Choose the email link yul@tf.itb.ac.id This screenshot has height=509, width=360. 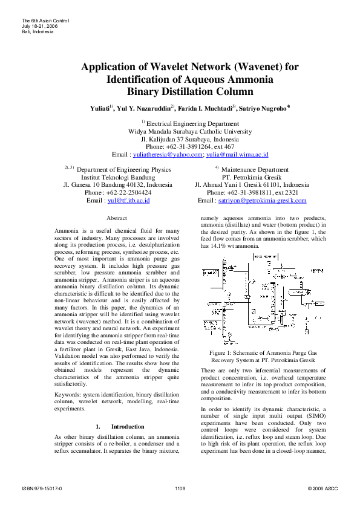(x=128, y=200)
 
